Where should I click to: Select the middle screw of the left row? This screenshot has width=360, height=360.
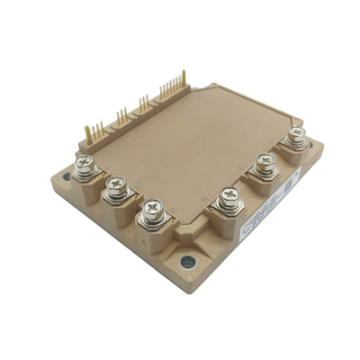(114, 186)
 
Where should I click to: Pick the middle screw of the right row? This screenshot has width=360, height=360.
(265, 164)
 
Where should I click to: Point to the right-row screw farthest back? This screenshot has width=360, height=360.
(294, 136)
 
